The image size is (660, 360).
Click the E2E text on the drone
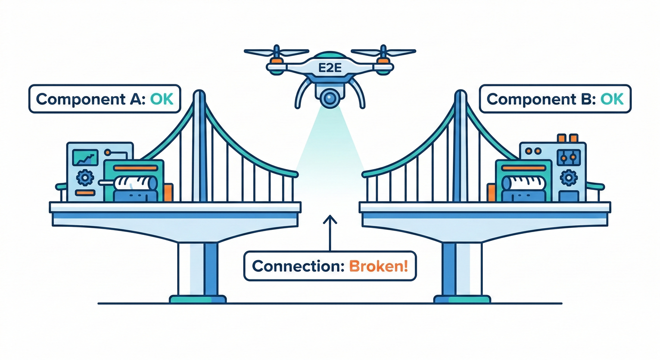(x=330, y=66)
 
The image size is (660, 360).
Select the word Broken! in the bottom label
(x=378, y=266)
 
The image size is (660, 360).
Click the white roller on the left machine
(x=134, y=183)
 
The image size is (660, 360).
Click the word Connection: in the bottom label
(x=299, y=266)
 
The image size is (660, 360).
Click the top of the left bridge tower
(x=199, y=94)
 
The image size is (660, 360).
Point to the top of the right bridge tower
(x=460, y=94)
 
